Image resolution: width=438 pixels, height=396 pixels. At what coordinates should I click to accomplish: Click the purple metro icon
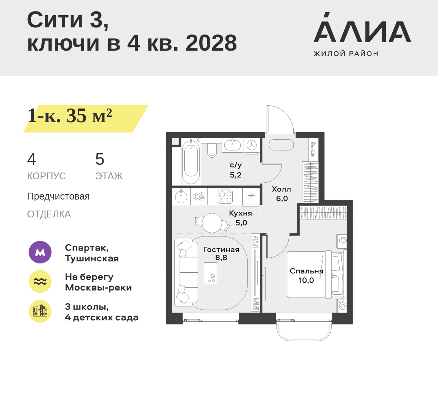[40, 252]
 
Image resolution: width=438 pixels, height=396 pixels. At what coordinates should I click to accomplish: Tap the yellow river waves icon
[40, 281]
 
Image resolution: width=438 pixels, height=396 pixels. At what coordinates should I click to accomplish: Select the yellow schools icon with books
[40, 311]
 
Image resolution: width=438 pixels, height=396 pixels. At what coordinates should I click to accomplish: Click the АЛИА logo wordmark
[362, 28]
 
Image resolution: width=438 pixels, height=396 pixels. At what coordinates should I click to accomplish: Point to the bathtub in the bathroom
[191, 161]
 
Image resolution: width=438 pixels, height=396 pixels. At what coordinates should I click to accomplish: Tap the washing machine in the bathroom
[252, 145]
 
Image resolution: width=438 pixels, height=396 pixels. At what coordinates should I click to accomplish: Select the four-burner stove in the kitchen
[225, 196]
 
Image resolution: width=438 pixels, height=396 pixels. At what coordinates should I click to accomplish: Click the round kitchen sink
[181, 197]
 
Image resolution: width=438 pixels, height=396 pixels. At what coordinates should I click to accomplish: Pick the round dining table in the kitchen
[212, 223]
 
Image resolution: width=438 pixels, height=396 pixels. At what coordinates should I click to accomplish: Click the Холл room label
[281, 189]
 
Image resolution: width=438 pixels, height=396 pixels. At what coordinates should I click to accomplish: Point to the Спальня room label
[307, 271]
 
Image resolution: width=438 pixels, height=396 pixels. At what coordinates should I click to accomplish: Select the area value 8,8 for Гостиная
[221, 258]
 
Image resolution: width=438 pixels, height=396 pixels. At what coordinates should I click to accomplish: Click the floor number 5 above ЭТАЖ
[100, 159]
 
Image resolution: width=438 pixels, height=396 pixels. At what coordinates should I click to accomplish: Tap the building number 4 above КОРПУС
[32, 159]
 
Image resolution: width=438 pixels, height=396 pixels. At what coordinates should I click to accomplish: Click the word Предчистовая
[58, 196]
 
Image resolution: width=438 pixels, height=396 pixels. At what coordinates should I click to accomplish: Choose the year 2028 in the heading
[211, 43]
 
